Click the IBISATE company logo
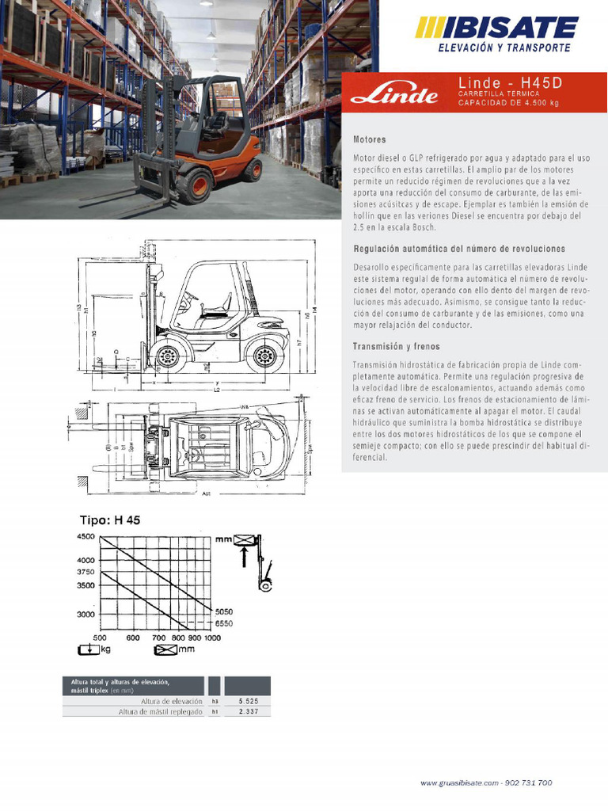click(x=497, y=29)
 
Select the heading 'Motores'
click(x=370, y=139)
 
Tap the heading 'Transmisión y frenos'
click(x=396, y=347)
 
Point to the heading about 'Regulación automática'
click(x=459, y=249)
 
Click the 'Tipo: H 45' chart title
click(x=109, y=520)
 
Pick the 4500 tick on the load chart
click(x=85, y=536)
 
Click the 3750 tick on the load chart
click(x=85, y=572)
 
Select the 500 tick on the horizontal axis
click(x=100, y=638)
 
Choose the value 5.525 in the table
click(x=248, y=702)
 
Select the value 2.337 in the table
click(x=248, y=712)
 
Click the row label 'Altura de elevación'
click(x=171, y=702)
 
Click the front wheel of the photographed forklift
click(x=195, y=185)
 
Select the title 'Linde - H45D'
click(x=500, y=82)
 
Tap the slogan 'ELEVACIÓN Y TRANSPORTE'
click(x=504, y=48)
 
